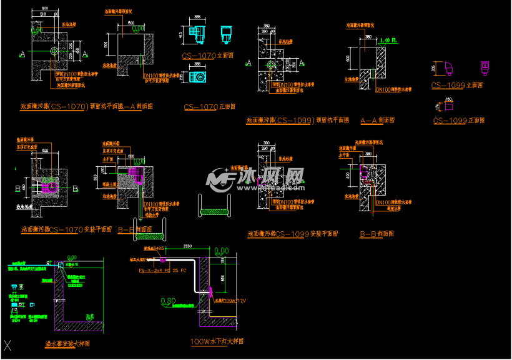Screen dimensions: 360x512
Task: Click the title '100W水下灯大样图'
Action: (x=217, y=342)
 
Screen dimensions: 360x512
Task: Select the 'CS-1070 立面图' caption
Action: (x=208, y=56)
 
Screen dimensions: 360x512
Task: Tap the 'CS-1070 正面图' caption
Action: (x=209, y=107)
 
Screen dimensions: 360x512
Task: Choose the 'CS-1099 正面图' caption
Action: (x=459, y=120)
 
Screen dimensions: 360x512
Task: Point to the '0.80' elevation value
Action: (x=168, y=301)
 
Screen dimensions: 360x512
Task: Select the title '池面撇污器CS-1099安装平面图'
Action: (x=293, y=234)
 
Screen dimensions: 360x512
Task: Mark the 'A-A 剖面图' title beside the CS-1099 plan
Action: (x=380, y=120)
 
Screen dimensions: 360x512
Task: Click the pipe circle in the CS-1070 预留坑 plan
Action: (x=54, y=51)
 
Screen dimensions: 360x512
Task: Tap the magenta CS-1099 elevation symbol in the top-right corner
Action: (x=483, y=67)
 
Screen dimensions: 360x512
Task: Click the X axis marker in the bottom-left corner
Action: (x=7, y=344)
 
